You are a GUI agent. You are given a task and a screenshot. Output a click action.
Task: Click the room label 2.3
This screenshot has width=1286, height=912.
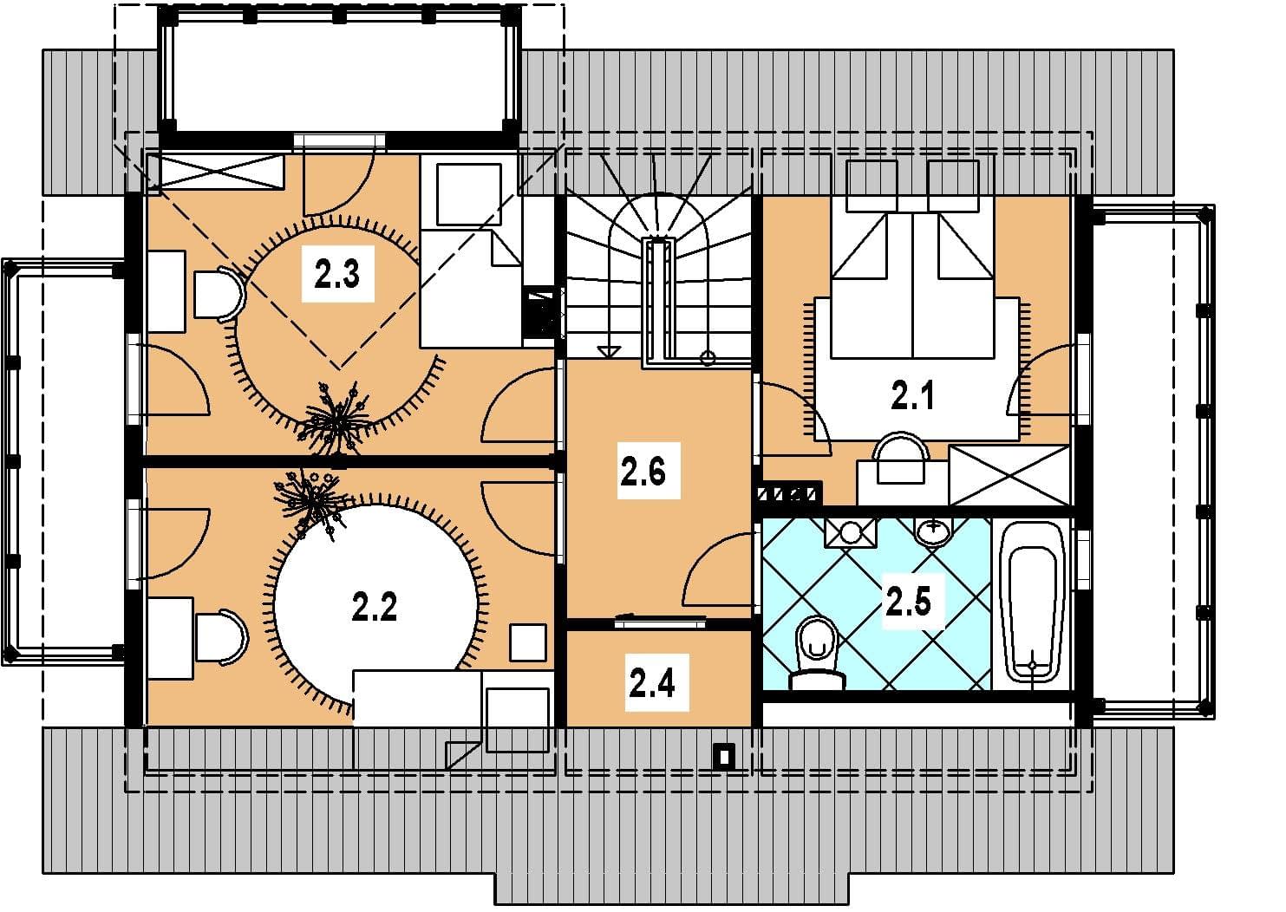coord(337,274)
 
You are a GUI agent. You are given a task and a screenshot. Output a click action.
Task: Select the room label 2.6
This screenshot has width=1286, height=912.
coord(643,471)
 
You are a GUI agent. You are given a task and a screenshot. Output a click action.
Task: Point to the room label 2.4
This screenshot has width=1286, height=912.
coord(651,682)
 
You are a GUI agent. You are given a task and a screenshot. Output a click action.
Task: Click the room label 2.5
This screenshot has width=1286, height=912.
coord(908,602)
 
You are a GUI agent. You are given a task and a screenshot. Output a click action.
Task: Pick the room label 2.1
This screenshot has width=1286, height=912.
coord(913,395)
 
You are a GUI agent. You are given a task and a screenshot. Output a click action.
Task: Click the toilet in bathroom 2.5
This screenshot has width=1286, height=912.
coord(818,653)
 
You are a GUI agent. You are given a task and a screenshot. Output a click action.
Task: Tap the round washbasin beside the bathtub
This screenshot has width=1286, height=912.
coord(934,531)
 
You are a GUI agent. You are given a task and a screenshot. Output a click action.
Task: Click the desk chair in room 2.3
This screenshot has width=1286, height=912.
coord(220,294)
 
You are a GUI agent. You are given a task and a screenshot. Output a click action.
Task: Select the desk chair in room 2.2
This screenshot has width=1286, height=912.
coord(222,637)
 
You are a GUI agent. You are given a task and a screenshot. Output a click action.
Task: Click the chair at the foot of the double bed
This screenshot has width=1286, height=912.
coord(901,458)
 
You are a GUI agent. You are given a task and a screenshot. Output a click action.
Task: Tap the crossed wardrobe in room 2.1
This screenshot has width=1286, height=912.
coord(1009,475)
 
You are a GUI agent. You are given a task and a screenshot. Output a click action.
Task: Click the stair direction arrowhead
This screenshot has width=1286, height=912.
coord(609,351)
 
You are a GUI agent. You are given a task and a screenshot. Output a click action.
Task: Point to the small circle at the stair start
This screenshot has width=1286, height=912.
coord(708,359)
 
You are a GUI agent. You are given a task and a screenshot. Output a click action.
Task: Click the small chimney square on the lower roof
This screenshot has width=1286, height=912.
coord(725,757)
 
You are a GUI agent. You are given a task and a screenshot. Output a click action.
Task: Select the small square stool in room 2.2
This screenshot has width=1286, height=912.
coord(527,642)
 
